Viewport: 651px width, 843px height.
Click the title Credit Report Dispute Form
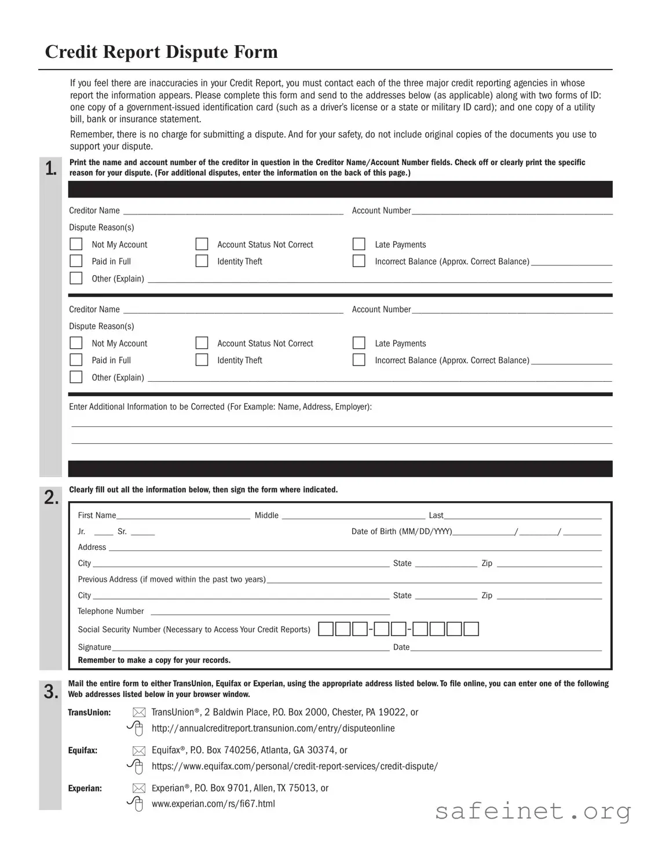(161, 52)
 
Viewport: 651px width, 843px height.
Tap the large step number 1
(51, 169)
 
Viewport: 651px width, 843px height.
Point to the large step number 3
(51, 692)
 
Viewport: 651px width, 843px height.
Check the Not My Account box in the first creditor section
(76, 244)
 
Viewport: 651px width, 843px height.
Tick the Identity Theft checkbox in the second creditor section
(202, 360)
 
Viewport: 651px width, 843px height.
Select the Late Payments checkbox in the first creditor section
(359, 244)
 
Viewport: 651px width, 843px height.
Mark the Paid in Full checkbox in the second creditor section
(76, 360)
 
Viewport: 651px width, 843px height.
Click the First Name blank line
(183, 515)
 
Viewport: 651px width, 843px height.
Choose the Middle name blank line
(353, 515)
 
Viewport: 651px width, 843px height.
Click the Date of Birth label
(401, 531)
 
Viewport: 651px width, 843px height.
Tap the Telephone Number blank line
(270, 611)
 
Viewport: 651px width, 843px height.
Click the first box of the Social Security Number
(326, 629)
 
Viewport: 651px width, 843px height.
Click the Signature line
(250, 647)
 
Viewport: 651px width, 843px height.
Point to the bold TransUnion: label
(89, 712)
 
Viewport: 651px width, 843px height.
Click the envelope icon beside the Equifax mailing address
(139, 750)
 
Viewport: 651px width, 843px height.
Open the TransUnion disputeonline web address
(273, 728)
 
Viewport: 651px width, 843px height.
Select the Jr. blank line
(104, 532)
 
